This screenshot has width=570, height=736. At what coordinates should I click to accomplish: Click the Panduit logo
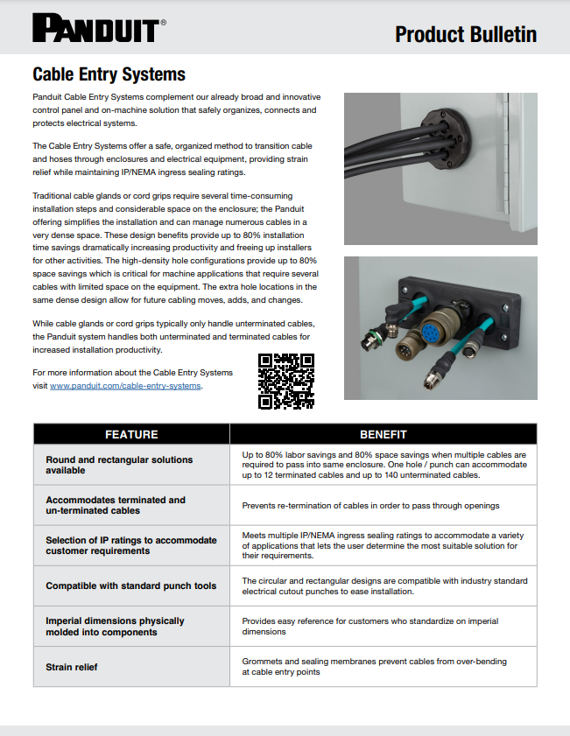click(x=95, y=29)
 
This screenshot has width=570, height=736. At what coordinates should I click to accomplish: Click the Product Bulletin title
click(x=465, y=34)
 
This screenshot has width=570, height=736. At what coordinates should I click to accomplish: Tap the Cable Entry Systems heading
click(x=109, y=74)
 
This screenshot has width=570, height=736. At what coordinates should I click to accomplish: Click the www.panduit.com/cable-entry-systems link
click(x=125, y=386)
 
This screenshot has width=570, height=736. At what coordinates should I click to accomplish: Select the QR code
click(x=286, y=381)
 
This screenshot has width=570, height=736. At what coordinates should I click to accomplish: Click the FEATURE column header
click(x=131, y=434)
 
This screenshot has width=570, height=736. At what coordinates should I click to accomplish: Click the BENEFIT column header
click(x=383, y=434)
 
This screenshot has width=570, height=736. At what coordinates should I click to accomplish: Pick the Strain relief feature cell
click(x=72, y=667)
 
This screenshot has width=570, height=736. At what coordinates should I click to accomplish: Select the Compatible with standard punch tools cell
click(x=130, y=585)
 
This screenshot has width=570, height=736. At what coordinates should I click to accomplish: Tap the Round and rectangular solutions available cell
click(x=107, y=465)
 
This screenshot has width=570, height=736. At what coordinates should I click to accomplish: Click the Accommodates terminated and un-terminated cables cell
click(x=116, y=505)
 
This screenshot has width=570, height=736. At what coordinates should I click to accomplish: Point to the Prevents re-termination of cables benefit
click(x=370, y=506)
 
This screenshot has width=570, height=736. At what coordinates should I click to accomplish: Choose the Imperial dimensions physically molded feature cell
click(x=115, y=626)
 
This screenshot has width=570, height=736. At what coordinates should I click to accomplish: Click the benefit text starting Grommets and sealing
click(x=374, y=667)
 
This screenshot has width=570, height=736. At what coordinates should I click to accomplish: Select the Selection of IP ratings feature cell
click(x=130, y=545)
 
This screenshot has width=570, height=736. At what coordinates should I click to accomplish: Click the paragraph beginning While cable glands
click(x=175, y=337)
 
